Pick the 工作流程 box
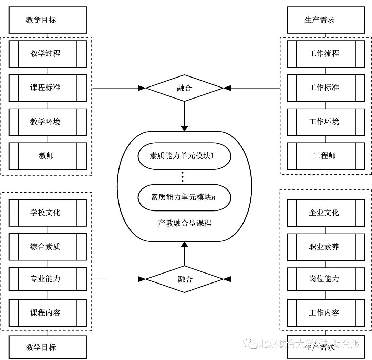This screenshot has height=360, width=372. click(x=325, y=54)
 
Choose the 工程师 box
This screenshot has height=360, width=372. click(x=325, y=156)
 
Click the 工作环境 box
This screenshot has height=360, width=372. click(x=325, y=122)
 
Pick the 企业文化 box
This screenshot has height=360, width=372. click(x=325, y=213)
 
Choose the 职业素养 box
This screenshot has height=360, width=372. click(x=325, y=247)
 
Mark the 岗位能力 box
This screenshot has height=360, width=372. click(x=325, y=279)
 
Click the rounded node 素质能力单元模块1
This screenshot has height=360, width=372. click(x=184, y=156)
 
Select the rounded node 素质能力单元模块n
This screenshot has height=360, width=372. click(x=184, y=197)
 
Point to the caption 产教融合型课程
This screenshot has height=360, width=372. click(x=184, y=223)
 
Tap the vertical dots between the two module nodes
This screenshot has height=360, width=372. click(x=183, y=177)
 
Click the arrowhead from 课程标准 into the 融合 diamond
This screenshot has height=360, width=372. click(x=142, y=88)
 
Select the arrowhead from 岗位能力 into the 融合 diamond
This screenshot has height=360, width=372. click(x=227, y=279)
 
